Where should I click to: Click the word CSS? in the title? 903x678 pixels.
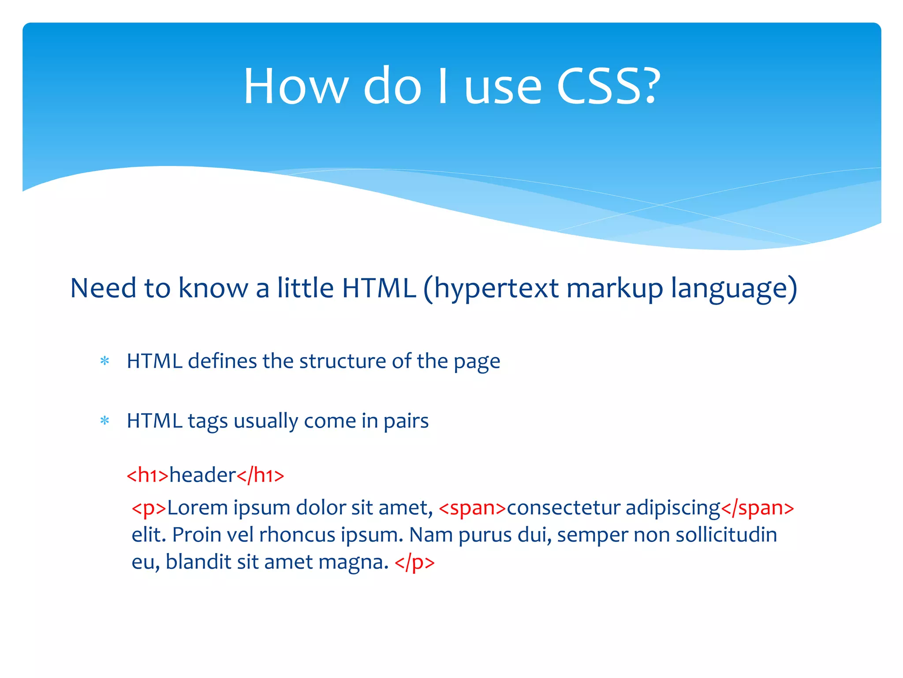(x=608, y=86)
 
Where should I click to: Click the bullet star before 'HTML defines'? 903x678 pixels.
(x=104, y=361)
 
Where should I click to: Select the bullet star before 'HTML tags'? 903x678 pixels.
(x=104, y=421)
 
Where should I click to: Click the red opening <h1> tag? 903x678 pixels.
(x=148, y=475)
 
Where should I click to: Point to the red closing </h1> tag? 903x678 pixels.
(x=260, y=475)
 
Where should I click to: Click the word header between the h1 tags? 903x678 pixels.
(x=203, y=475)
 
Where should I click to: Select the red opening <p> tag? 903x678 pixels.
(x=149, y=508)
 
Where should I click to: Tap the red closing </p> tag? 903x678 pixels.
(x=414, y=562)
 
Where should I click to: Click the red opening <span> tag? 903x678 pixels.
(x=472, y=508)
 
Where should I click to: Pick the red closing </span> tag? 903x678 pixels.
(x=757, y=508)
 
